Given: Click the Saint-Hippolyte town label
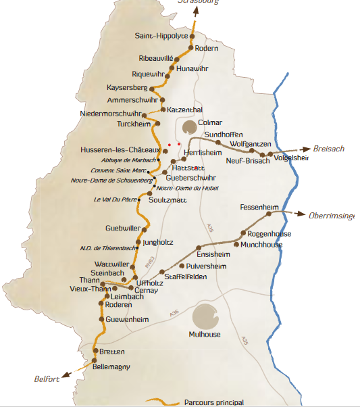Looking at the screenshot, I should [161, 36].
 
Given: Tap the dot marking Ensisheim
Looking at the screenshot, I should [198, 247].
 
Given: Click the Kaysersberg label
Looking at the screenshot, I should [127, 88].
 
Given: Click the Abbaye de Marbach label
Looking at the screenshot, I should [128, 160].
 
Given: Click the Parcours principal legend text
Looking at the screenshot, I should [214, 402].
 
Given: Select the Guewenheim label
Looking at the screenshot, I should [128, 318].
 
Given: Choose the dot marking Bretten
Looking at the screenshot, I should [95, 350].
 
